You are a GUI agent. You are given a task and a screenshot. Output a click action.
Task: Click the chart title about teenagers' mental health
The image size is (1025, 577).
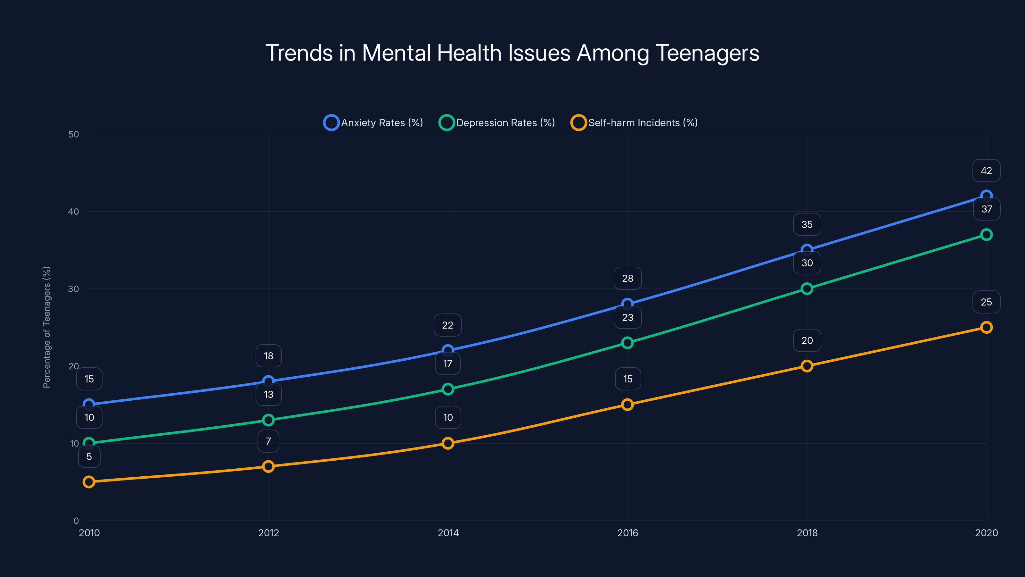(x=512, y=53)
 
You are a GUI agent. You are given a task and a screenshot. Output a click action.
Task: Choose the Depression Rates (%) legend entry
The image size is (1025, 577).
(x=497, y=123)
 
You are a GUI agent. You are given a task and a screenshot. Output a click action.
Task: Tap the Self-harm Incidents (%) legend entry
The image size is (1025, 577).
(x=634, y=123)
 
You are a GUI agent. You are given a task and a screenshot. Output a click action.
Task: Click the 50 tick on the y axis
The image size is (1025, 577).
(x=74, y=134)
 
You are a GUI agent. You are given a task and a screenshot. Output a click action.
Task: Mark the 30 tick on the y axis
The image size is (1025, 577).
(x=74, y=289)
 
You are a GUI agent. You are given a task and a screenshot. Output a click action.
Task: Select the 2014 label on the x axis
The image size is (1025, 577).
(x=448, y=533)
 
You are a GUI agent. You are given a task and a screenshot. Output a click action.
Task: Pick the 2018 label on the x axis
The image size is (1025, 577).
(x=807, y=533)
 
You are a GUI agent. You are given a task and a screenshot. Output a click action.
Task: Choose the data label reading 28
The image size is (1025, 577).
(x=627, y=278)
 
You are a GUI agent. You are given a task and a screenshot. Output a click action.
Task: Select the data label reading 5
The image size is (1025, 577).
(x=89, y=456)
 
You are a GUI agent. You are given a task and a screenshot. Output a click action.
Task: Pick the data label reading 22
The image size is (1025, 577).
(x=448, y=325)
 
